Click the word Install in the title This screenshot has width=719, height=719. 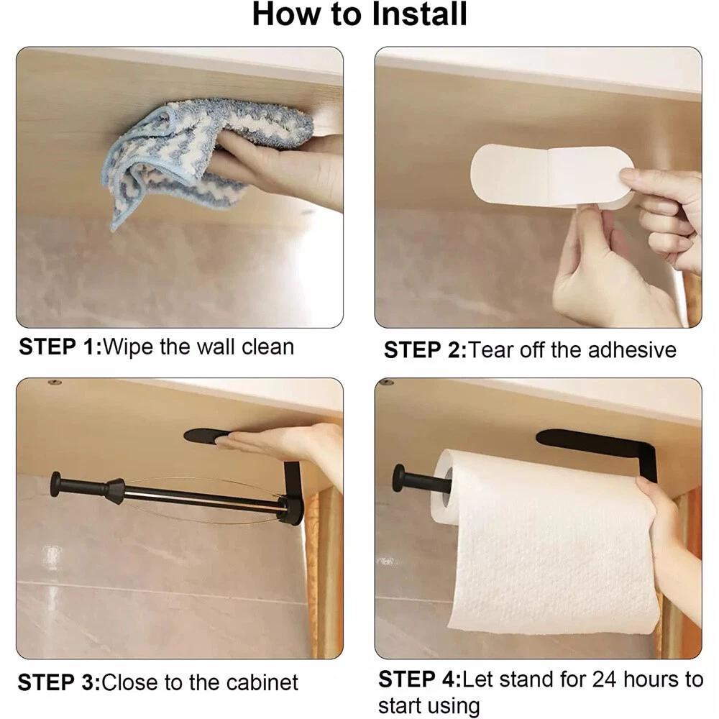[x=419, y=14]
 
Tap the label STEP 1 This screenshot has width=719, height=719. [x=60, y=347]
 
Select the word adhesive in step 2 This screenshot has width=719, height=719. [x=631, y=350]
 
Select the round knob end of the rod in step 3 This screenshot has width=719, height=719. [x=56, y=484]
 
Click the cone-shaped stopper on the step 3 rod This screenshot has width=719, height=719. [x=115, y=490]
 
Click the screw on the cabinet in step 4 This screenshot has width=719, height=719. [x=388, y=382]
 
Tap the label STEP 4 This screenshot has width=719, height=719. [x=419, y=679]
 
